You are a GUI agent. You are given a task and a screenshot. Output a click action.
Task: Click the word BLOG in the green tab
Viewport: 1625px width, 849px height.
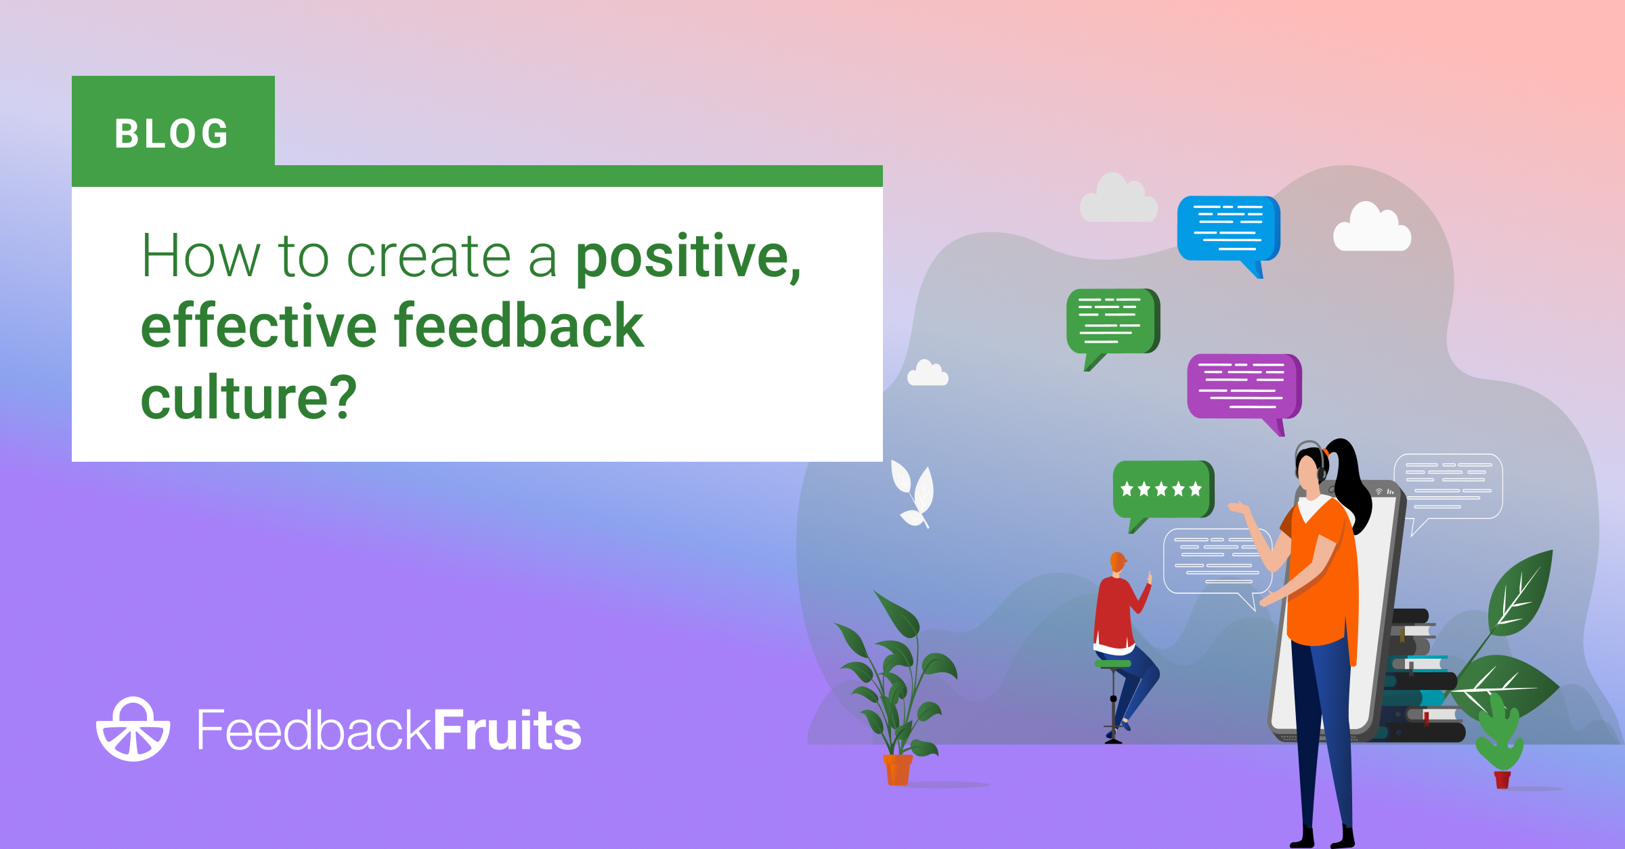172,133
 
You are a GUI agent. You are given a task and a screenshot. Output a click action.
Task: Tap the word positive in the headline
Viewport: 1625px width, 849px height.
684,257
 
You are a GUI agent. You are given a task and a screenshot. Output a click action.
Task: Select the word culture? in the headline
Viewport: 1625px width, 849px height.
248,397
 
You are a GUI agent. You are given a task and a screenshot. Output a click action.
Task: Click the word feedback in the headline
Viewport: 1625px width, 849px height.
519,326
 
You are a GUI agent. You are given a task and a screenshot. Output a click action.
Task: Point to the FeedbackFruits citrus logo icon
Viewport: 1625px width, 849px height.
133,730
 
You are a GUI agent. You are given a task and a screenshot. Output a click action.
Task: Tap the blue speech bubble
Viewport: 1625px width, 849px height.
1227,229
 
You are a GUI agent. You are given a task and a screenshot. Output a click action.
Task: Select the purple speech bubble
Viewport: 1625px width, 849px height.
1243,387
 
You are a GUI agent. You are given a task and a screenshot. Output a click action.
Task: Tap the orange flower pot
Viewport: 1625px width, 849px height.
898,770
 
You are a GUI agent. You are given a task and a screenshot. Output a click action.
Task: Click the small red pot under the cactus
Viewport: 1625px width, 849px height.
1502,780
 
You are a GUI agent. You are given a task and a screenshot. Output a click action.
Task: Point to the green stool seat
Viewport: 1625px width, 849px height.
1112,663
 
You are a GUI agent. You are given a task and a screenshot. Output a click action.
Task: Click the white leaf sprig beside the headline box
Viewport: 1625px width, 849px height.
914,493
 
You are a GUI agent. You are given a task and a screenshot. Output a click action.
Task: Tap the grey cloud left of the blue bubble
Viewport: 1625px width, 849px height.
1119,200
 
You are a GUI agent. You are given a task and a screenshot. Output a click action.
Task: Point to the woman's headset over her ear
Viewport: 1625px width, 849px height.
1320,467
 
